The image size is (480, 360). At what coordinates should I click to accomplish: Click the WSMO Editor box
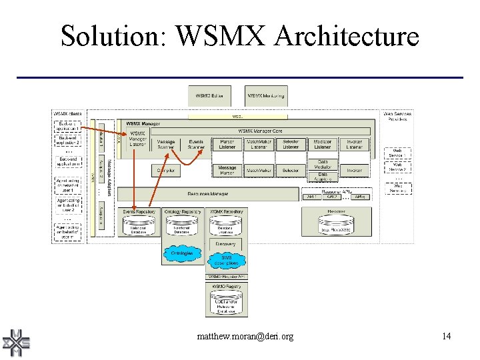[209, 97]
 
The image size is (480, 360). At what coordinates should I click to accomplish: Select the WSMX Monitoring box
[265, 97]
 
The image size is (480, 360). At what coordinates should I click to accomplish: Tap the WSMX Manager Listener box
[137, 139]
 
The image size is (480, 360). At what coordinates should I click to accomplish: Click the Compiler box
[166, 171]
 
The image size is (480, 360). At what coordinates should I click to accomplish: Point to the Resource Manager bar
[208, 194]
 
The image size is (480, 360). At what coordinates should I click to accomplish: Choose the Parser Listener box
[227, 144]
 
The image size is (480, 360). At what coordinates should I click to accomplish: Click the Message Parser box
[227, 171]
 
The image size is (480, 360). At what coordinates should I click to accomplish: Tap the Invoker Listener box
[354, 144]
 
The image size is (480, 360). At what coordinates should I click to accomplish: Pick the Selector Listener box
[291, 144]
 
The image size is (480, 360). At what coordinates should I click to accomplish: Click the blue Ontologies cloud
[181, 253]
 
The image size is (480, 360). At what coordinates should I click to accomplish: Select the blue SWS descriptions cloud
[226, 261]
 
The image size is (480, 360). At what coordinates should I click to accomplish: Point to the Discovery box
[226, 244]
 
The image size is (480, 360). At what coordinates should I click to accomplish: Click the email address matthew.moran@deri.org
[245, 337]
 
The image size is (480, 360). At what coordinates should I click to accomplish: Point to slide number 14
[446, 336]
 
